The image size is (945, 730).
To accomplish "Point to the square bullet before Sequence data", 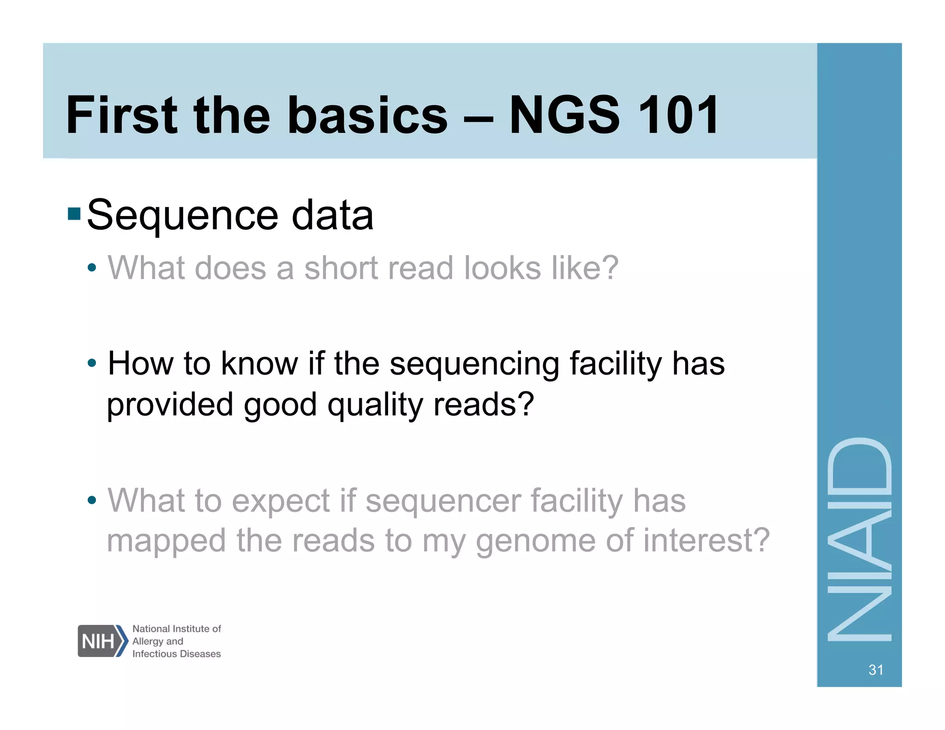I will click(74, 214).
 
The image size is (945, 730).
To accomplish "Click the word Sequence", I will click(182, 216).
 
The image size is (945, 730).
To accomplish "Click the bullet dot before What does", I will click(92, 268).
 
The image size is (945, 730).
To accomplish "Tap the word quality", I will click(375, 405).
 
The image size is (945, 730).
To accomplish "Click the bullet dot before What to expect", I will click(92, 500).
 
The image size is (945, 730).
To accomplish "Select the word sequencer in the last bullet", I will click(443, 501).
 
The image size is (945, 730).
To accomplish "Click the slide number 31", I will click(875, 670).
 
